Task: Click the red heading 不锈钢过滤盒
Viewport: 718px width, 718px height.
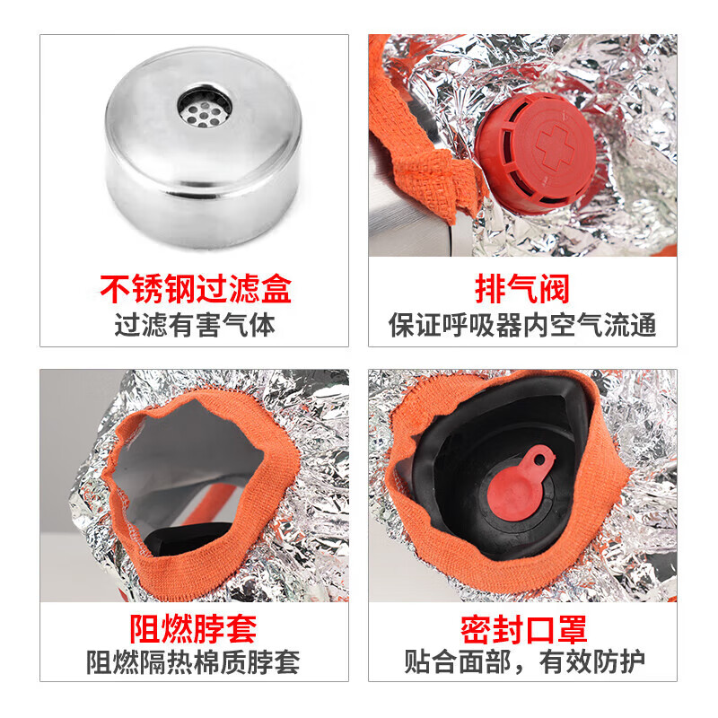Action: click(x=195, y=291)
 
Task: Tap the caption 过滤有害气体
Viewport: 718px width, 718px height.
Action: click(x=195, y=324)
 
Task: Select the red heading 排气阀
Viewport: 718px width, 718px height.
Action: click(x=522, y=291)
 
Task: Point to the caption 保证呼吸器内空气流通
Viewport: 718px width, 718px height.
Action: click(x=522, y=324)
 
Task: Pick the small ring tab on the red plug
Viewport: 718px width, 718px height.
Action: click(x=538, y=457)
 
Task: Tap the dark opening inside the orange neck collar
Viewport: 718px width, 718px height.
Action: click(x=193, y=467)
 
